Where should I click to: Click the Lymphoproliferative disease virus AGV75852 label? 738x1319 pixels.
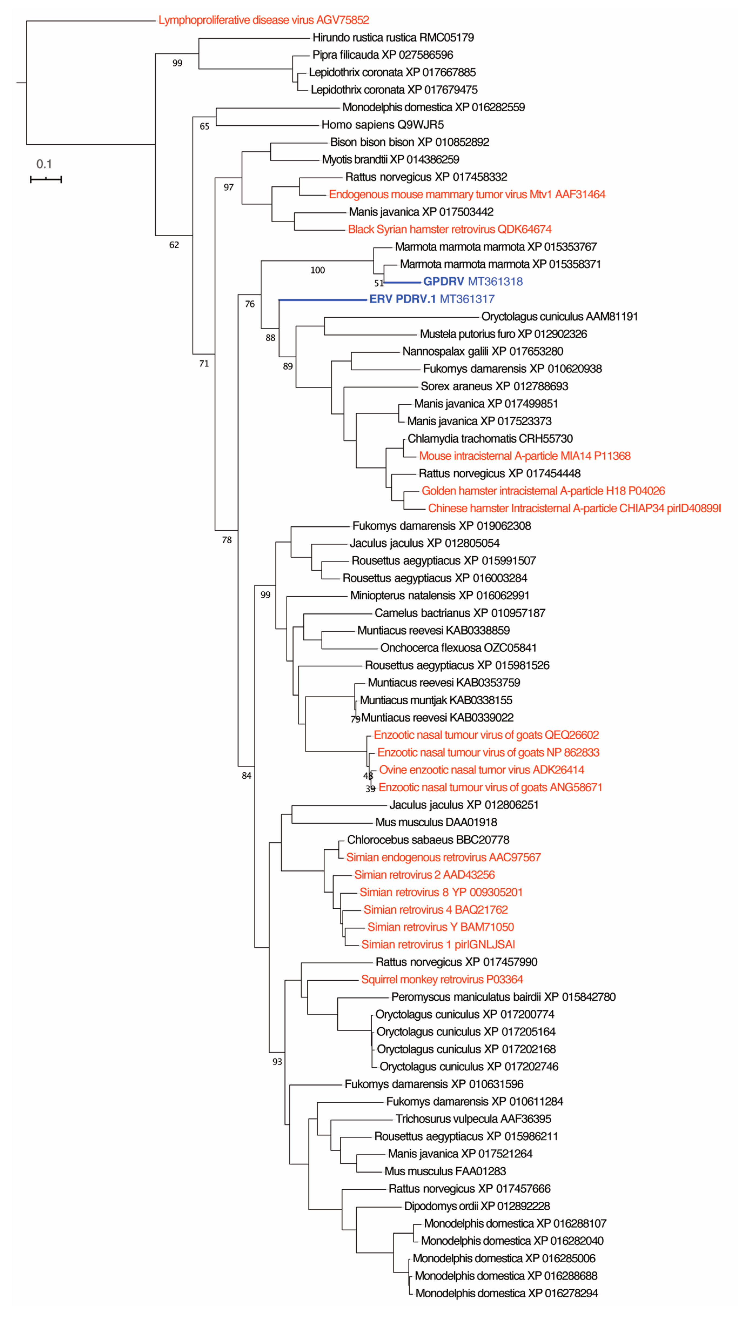pos(264,20)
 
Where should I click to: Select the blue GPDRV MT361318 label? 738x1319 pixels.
pos(472,281)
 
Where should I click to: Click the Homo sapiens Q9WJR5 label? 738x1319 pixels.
pos(382,124)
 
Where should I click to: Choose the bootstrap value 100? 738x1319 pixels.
pos(317,270)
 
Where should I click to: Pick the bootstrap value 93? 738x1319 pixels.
pos(277,1061)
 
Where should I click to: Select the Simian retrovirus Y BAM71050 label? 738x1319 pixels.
pos(440,927)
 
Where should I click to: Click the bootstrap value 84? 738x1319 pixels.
pos(246,775)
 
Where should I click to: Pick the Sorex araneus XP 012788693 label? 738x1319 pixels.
pos(494,386)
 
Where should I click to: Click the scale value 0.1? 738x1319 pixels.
pos(44,164)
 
